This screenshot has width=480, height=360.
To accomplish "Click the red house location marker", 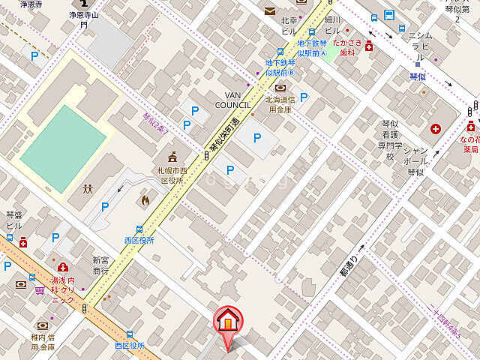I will (226, 321).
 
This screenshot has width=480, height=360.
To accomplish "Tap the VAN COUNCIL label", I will (232, 100).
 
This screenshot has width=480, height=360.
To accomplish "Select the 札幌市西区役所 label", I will (172, 175).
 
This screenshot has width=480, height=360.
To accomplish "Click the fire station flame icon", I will (144, 201).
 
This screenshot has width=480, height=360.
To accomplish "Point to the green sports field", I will (63, 148).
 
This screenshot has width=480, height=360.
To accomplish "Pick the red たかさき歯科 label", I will (347, 49).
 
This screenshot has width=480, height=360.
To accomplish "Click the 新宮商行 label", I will (100, 265).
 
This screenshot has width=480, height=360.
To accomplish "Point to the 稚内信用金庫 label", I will (43, 342).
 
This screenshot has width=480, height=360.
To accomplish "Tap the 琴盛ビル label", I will (13, 220).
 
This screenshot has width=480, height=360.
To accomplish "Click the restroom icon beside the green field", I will (88, 188).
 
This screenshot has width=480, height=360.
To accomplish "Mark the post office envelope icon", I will (269, 10).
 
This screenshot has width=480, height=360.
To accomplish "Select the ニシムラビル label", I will (417, 45).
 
